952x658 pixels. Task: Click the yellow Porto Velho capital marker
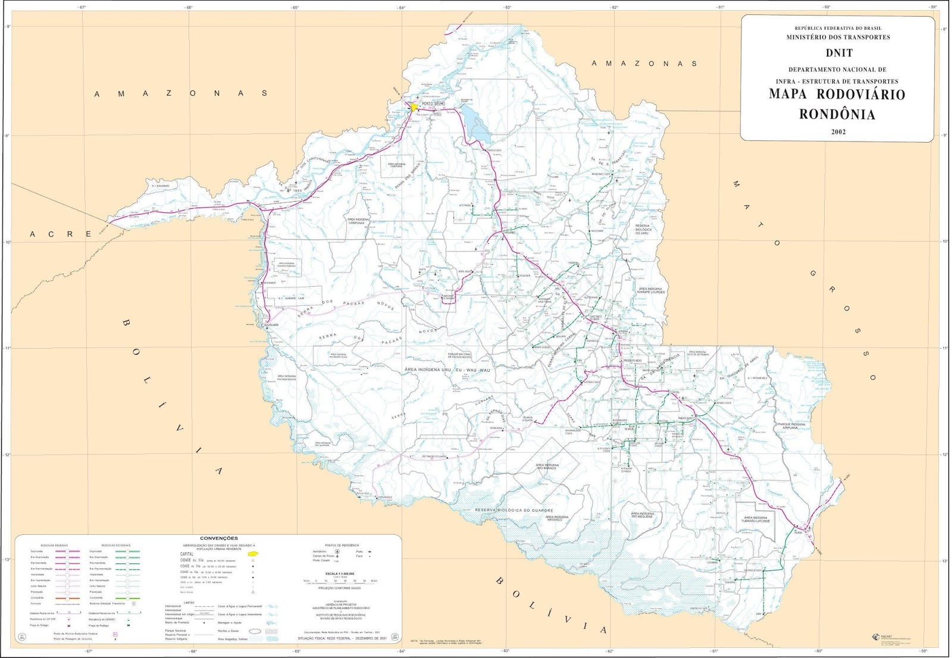click(x=414, y=108)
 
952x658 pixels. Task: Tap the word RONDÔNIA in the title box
click(x=837, y=114)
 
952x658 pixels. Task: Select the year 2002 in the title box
click(x=838, y=132)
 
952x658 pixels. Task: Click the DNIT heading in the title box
click(x=838, y=53)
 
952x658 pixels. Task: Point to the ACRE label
click(x=60, y=234)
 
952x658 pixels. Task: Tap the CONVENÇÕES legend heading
click(x=218, y=538)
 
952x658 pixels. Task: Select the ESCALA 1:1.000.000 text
click(x=340, y=574)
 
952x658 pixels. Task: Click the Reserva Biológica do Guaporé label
click(x=513, y=510)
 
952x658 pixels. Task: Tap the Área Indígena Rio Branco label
click(x=546, y=466)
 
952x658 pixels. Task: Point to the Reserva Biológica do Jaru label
click(x=643, y=229)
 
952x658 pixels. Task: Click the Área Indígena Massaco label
click(x=557, y=518)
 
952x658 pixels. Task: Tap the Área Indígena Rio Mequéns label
click(x=642, y=515)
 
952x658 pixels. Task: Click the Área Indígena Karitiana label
click(x=396, y=165)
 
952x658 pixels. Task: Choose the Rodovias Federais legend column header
click(x=54, y=546)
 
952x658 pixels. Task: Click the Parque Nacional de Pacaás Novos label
click(x=459, y=355)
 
